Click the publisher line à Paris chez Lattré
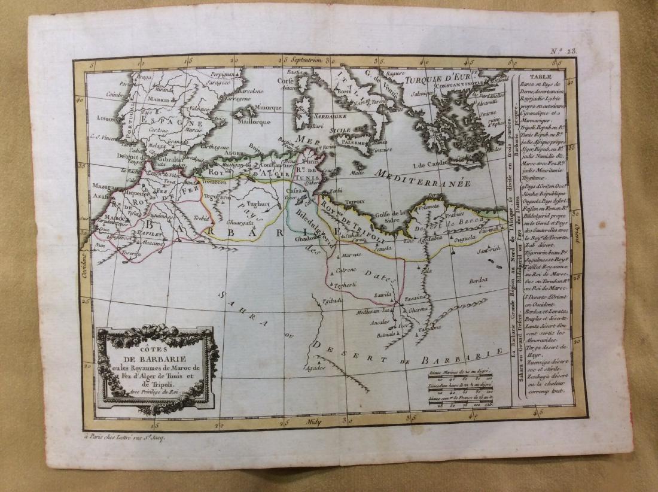click(x=124, y=438)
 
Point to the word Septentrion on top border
click(x=307, y=60)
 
